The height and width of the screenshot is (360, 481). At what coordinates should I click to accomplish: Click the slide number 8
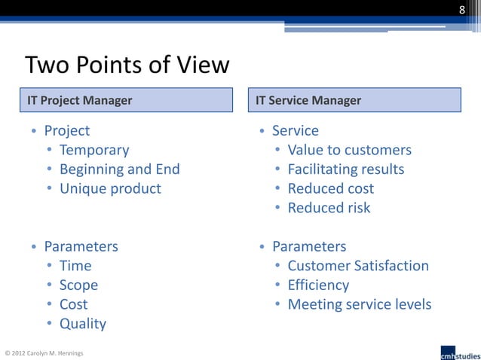462,10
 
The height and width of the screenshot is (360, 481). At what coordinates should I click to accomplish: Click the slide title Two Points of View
127,66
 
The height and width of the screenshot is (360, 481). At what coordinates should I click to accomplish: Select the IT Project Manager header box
127,100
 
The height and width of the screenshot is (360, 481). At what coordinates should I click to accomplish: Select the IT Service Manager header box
355,100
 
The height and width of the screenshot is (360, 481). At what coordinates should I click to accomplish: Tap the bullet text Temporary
94,150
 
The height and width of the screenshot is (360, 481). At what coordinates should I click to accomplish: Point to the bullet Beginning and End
119,169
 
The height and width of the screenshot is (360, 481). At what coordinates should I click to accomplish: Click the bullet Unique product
110,188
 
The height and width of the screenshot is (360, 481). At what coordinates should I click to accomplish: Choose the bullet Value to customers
349,150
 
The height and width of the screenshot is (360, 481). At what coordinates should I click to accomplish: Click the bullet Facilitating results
345,169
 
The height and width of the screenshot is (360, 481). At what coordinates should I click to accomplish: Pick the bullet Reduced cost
330,188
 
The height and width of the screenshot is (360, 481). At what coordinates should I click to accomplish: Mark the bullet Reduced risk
329,208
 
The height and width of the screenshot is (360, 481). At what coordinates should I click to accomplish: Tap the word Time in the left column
75,266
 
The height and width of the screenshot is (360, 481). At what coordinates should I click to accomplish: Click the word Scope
78,285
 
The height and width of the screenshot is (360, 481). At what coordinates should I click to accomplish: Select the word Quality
83,324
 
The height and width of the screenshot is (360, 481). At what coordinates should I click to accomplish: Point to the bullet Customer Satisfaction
357,266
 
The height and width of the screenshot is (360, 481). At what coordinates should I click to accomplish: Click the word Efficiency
318,285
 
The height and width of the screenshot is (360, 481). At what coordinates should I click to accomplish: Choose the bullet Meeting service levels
359,304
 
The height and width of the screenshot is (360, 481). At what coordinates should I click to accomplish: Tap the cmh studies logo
458,352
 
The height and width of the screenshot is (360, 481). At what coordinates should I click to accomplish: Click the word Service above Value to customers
295,130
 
